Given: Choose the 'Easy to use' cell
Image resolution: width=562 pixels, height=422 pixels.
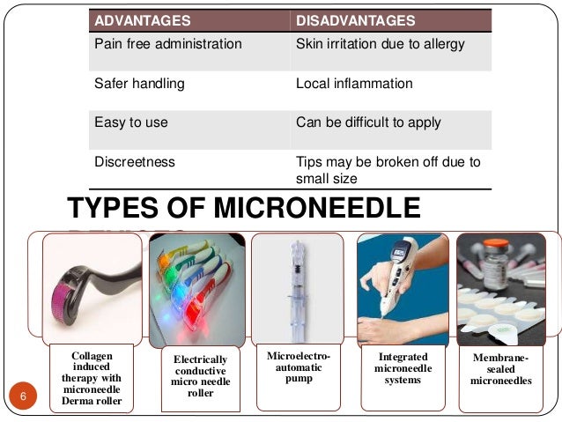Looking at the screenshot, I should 131,122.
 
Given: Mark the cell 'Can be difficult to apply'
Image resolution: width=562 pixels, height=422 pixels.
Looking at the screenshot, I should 369,122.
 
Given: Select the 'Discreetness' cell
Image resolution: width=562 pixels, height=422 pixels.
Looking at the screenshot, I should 135,162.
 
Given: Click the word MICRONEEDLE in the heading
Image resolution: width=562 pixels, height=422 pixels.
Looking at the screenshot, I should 307,208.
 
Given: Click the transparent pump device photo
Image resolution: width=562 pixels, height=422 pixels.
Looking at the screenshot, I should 296,282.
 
